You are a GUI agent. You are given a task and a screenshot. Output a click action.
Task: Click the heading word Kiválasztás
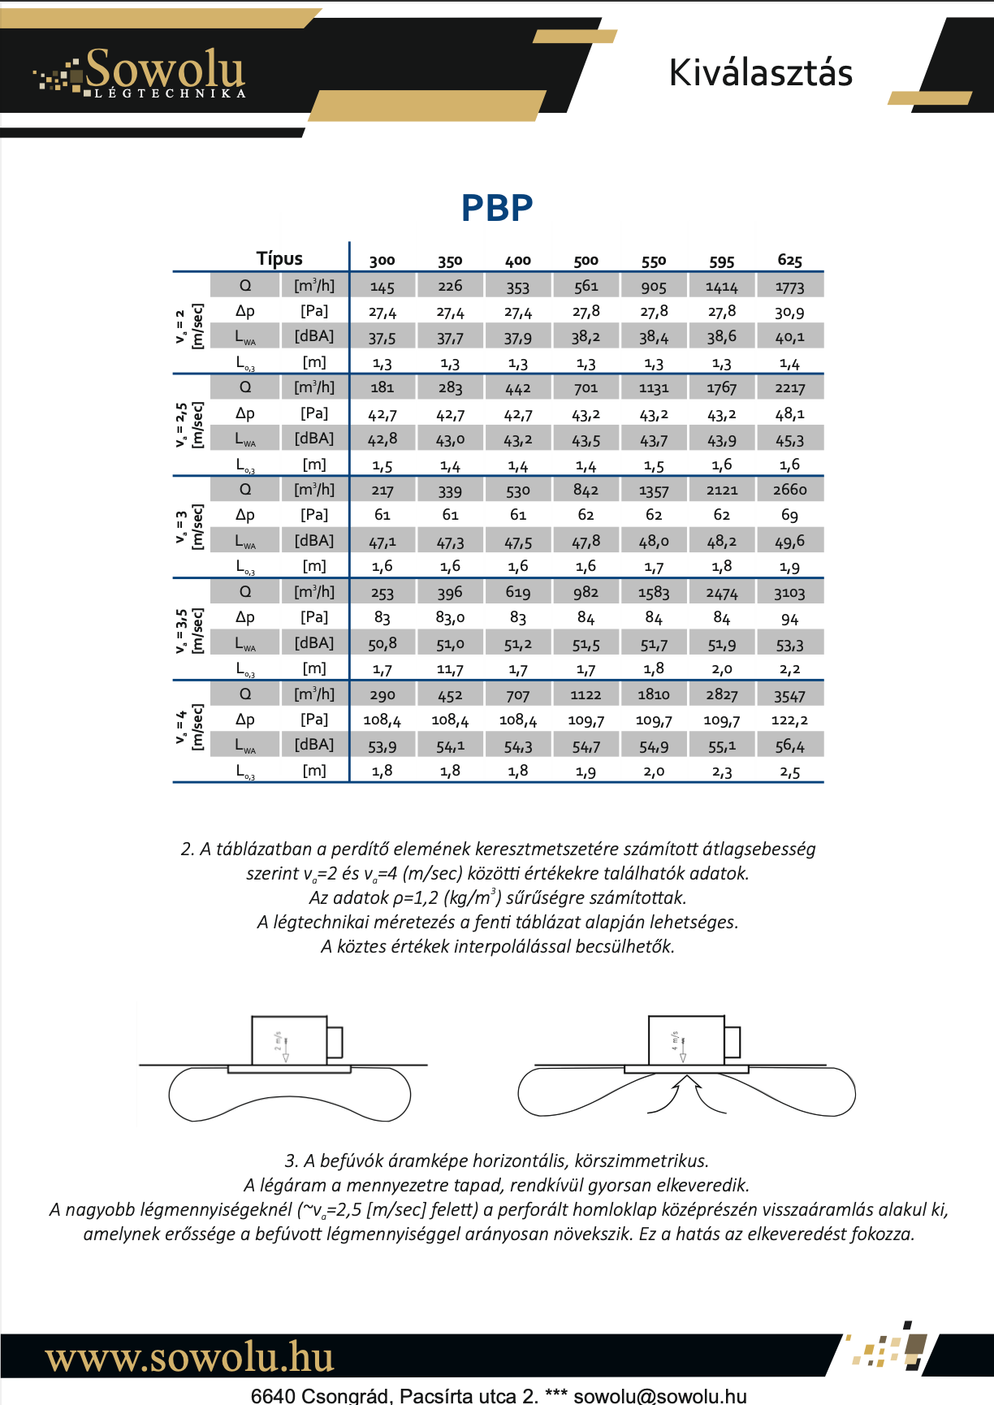(x=760, y=73)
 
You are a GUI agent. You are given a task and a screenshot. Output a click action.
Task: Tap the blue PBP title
(x=496, y=208)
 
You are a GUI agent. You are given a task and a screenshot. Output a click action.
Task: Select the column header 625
(x=789, y=261)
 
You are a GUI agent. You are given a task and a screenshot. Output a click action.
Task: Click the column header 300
(x=382, y=261)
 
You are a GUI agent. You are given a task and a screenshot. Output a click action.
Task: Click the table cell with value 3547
(x=789, y=695)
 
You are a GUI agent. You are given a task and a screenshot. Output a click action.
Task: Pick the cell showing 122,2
(x=789, y=720)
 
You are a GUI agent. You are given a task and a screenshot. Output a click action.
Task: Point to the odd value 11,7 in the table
(x=450, y=669)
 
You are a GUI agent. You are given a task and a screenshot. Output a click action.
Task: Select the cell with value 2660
(x=789, y=490)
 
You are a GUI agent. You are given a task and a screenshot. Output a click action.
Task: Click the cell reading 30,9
(x=789, y=312)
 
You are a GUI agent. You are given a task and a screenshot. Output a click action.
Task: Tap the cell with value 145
(x=382, y=287)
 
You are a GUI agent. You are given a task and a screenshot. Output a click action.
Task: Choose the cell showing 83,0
(x=450, y=618)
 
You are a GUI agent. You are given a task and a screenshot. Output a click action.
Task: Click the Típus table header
(x=279, y=259)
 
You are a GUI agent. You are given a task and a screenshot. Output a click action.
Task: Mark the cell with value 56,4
(x=789, y=746)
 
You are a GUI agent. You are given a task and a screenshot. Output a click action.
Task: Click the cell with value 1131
(x=654, y=388)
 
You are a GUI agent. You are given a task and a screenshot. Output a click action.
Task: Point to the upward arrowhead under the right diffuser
(x=687, y=1081)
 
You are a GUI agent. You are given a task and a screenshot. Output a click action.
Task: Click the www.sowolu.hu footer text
(x=189, y=1357)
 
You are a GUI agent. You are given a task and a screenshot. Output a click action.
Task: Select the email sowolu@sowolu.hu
(x=659, y=1396)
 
